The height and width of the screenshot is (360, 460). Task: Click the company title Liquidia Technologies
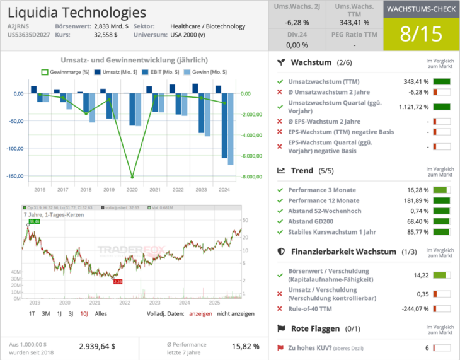(x=77, y=13)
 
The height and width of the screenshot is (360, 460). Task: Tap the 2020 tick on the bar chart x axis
(x=132, y=189)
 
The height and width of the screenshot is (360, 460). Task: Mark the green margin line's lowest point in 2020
(x=132, y=177)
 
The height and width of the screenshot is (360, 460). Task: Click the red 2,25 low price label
(x=118, y=282)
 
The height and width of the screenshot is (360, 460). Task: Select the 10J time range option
(x=84, y=313)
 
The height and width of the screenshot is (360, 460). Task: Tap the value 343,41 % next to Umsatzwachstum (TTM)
(x=416, y=82)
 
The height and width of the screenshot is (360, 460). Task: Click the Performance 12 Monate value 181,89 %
(x=416, y=200)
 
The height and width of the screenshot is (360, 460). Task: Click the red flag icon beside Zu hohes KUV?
(x=280, y=348)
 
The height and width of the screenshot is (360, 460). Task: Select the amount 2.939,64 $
(x=97, y=346)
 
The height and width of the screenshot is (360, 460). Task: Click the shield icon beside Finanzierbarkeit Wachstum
(x=282, y=252)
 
